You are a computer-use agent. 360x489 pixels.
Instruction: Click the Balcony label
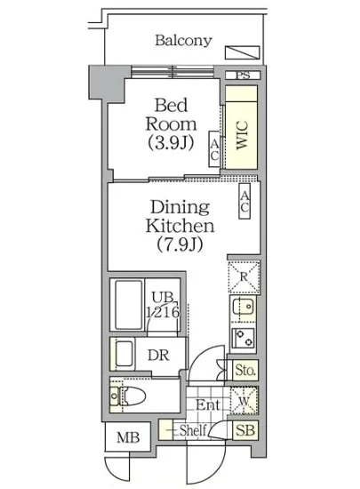coord(183,41)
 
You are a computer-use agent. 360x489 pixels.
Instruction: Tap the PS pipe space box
coord(243,76)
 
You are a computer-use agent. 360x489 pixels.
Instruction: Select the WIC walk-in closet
coord(241,127)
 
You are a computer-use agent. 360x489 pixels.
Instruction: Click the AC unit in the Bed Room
coord(214,148)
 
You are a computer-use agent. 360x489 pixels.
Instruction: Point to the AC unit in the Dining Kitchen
coord(244,201)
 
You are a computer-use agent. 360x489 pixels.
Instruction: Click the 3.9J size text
coord(171,143)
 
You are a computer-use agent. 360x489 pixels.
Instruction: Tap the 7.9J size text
coord(180,244)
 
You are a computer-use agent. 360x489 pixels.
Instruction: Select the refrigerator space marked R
coord(244,277)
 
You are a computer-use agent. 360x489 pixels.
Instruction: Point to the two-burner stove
coord(244,339)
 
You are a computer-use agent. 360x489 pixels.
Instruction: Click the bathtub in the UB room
coord(129,304)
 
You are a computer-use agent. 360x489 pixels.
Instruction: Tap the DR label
coord(158,355)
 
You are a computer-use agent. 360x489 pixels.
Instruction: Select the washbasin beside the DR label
coord(124,354)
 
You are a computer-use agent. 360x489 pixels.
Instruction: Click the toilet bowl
coord(134,396)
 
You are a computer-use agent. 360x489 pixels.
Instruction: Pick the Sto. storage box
coord(245,370)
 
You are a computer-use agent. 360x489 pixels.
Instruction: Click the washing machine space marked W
coord(244,401)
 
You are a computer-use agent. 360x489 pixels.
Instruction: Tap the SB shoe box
coord(245,430)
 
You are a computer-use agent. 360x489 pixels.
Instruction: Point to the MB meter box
coord(128,437)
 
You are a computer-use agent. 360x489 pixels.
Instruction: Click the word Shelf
coord(193,430)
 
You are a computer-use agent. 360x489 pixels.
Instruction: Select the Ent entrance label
coord(208,405)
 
